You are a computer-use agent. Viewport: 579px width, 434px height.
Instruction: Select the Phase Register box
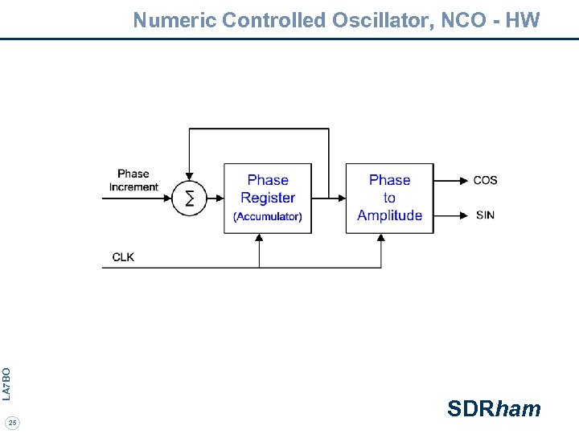pos(268,199)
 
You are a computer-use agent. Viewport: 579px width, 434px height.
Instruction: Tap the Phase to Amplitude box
pos(389,199)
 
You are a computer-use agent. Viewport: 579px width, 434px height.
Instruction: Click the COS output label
pos(485,180)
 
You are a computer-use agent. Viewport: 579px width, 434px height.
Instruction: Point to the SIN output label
pos(485,215)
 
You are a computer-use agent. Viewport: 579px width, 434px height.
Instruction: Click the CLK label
pos(123,257)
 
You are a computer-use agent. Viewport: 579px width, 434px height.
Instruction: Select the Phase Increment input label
pos(133,180)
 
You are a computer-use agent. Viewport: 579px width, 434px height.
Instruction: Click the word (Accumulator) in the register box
pos(268,216)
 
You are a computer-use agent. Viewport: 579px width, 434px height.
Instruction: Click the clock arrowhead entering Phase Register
pos(259,239)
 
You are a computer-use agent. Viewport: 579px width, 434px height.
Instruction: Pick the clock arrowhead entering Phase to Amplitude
pos(380,239)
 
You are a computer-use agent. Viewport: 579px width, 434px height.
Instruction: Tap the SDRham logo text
pos(494,409)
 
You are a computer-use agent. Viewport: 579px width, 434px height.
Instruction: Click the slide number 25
pos(12,422)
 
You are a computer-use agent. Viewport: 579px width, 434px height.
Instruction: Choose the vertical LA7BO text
pos(6,383)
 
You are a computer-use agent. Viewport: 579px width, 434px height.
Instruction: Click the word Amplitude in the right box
pos(389,215)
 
